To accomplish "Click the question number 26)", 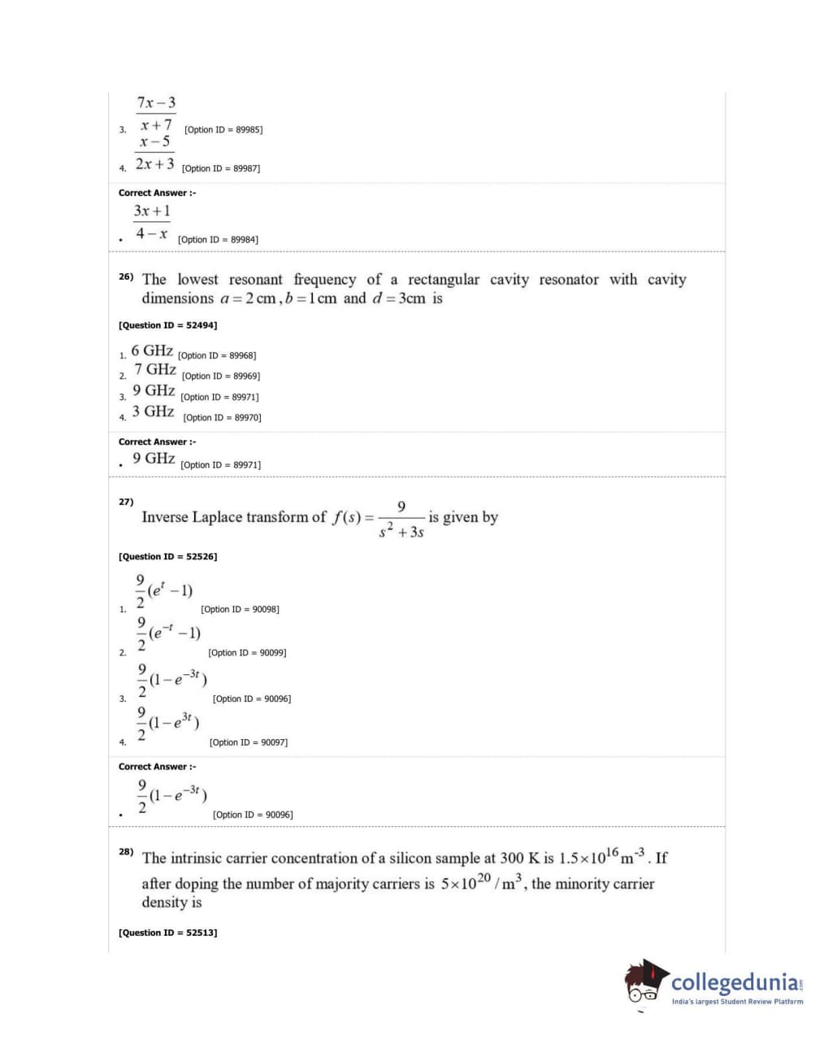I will pos(126,276).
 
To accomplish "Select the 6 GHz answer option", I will pos(152,351).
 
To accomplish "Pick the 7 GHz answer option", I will pos(155,370).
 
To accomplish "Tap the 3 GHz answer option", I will pos(154,411).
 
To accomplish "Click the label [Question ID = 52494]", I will pos(167,325).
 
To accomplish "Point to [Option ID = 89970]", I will pos(222,418).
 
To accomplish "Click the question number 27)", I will pos(126,502).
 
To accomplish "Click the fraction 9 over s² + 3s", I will pos(401,520).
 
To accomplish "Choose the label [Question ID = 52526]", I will pos(167,557).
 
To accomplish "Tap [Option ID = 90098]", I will pos(240,610).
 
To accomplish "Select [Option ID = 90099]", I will pos(247,653).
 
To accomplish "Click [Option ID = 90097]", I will pos(248,742).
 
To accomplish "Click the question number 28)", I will pos(126,851).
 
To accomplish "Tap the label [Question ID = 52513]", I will pos(167,933).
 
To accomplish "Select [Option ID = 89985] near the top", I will pos(223,130).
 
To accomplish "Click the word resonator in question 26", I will pos(568,280).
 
